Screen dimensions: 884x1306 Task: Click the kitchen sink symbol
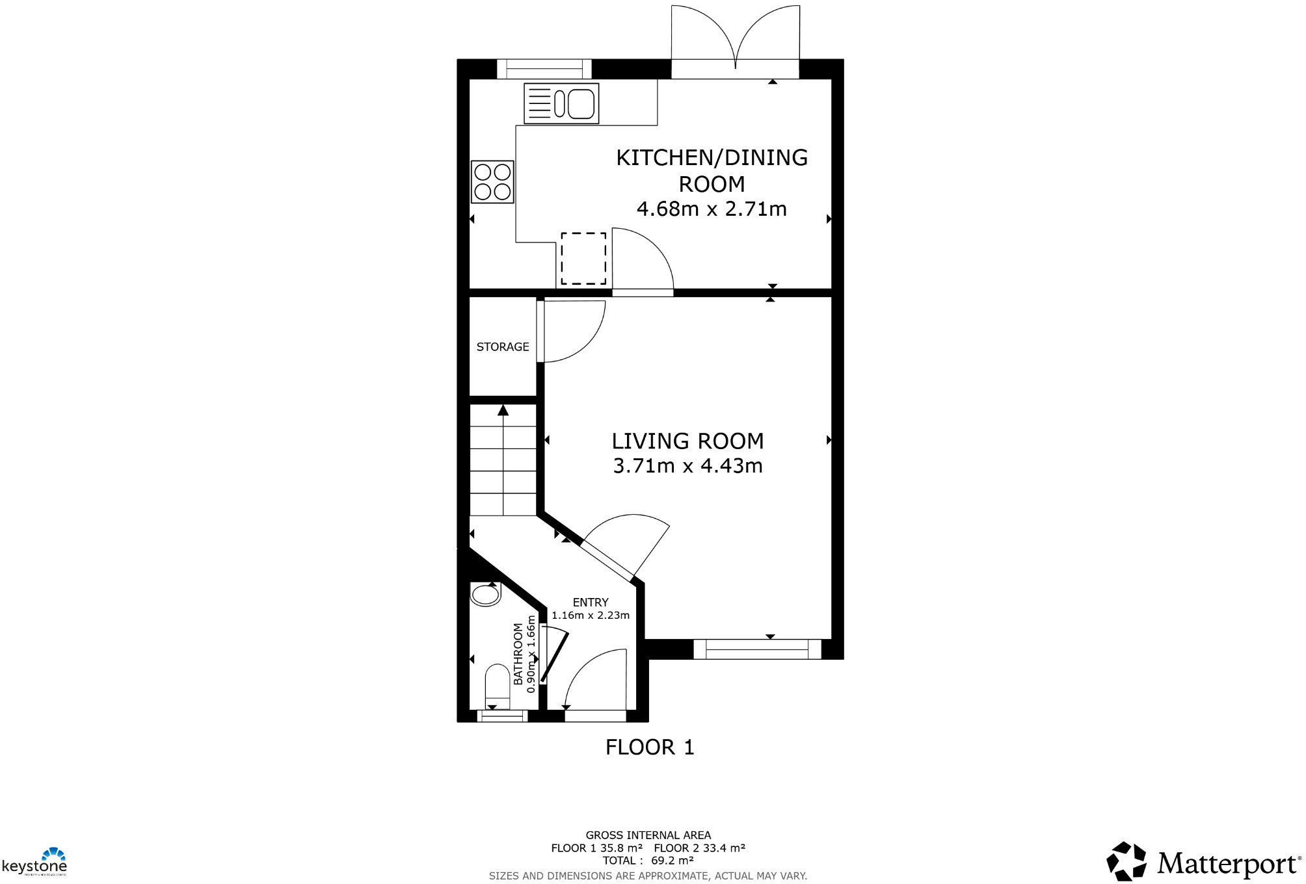pos(561,103)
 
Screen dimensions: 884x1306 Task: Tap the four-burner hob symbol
pos(492,182)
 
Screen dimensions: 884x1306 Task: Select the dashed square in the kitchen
pos(583,259)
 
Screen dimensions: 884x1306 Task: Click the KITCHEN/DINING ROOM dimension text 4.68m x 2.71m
pos(712,209)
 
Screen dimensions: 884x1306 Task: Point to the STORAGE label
pos(503,347)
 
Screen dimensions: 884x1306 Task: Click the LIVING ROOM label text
pos(687,441)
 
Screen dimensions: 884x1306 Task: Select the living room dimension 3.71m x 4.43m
pos(687,466)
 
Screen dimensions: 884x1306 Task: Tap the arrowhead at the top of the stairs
pos(503,410)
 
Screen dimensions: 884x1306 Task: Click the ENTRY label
pos(591,603)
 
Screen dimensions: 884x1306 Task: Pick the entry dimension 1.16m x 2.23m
pos(591,616)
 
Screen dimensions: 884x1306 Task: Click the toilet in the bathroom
pos(498,686)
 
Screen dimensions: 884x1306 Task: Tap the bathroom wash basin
pos(485,594)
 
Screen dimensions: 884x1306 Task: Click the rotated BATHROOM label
pos(518,654)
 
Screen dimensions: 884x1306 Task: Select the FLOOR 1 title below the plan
pos(650,747)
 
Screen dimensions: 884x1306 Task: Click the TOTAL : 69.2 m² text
pos(648,861)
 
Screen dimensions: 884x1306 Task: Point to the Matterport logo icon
pos(1126,862)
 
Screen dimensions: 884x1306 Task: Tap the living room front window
pos(757,649)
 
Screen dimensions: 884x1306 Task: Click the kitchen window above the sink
pos(544,69)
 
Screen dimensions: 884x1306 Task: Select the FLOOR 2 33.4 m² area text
pos(699,848)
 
